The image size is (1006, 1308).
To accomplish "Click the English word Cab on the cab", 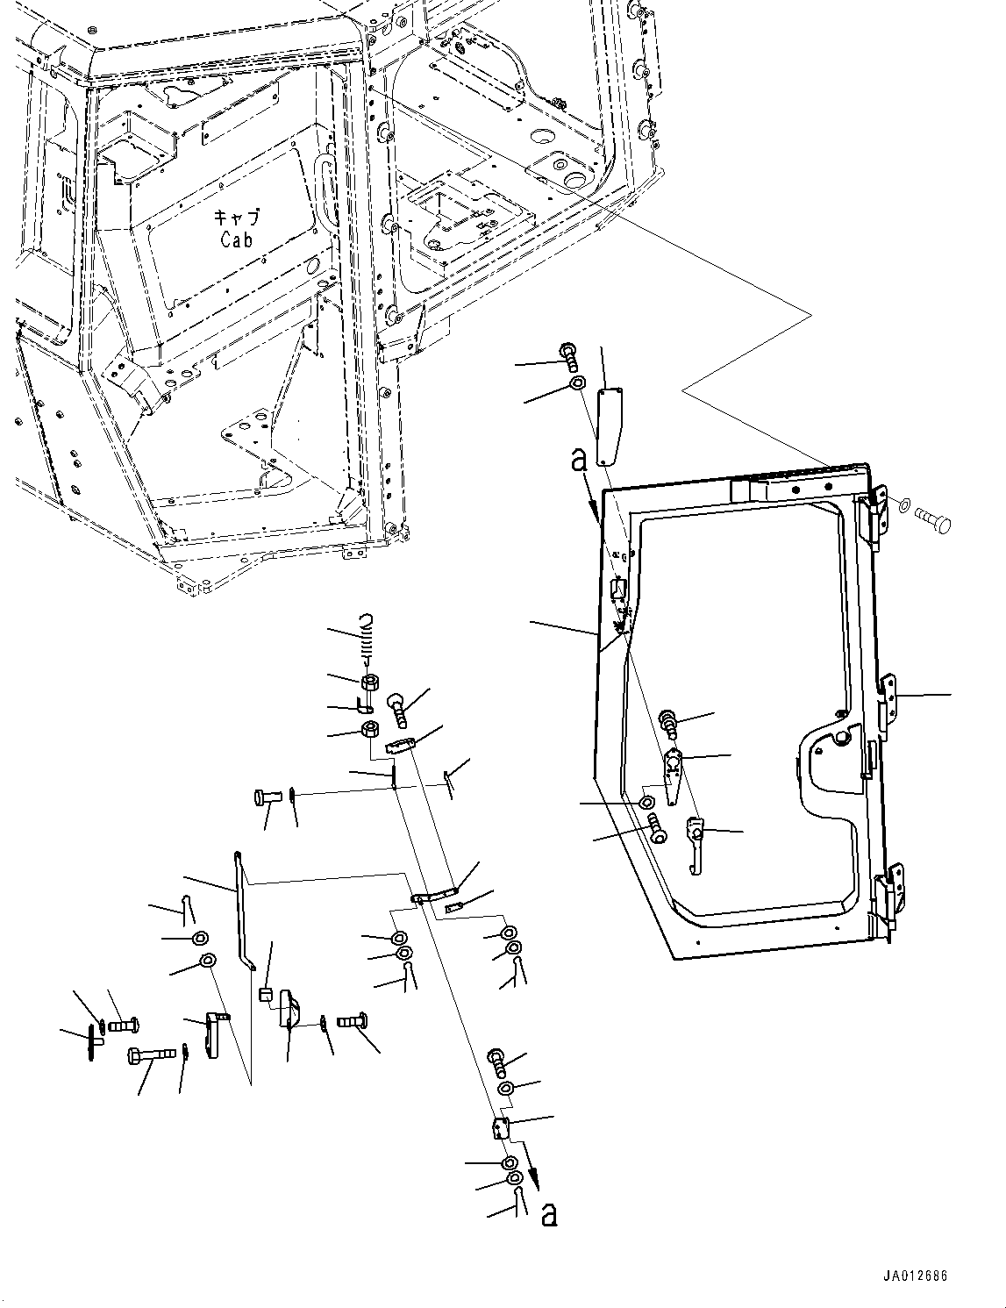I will [236, 239].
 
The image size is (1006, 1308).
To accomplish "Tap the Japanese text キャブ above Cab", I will [236, 218].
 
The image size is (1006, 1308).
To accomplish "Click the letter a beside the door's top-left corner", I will [579, 459].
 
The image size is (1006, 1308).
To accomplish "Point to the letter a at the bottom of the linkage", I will [549, 1214].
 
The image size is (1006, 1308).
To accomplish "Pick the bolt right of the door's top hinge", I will [933, 519].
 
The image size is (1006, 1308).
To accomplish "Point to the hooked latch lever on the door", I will [696, 842].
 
